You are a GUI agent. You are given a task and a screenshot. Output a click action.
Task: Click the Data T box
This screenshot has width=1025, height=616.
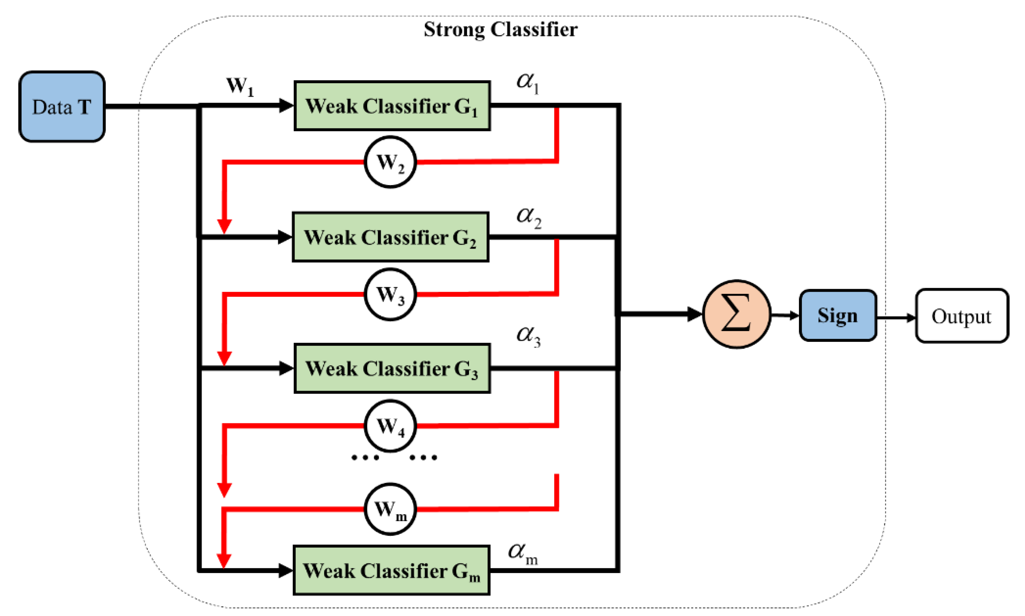61,107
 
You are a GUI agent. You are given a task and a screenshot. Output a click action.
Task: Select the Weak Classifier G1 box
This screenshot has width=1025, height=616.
392,106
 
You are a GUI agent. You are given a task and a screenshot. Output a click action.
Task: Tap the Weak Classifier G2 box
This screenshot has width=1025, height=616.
390,237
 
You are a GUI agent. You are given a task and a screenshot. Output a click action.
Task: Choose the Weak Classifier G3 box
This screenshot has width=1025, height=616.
392,368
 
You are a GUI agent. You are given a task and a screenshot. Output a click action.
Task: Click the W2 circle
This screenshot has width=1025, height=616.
390,162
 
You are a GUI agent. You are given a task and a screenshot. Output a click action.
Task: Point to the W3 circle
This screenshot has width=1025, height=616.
390,294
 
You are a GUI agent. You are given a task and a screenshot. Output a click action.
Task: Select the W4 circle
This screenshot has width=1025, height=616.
390,425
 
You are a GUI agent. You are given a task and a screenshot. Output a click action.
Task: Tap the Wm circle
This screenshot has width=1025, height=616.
390,508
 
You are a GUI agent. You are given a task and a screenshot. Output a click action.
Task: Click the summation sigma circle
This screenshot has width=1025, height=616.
736,314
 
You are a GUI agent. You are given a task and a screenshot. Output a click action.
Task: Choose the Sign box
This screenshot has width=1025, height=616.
837,315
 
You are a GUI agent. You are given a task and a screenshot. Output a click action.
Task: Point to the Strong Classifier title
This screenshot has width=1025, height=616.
500,29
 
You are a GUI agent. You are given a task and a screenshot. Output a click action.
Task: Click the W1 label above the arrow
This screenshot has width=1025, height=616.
239,86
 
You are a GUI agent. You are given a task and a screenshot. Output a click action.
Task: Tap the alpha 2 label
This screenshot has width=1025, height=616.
528,217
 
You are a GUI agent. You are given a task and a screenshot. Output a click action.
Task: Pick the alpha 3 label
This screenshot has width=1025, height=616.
528,335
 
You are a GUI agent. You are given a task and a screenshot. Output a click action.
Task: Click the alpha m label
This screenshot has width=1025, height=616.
522,553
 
